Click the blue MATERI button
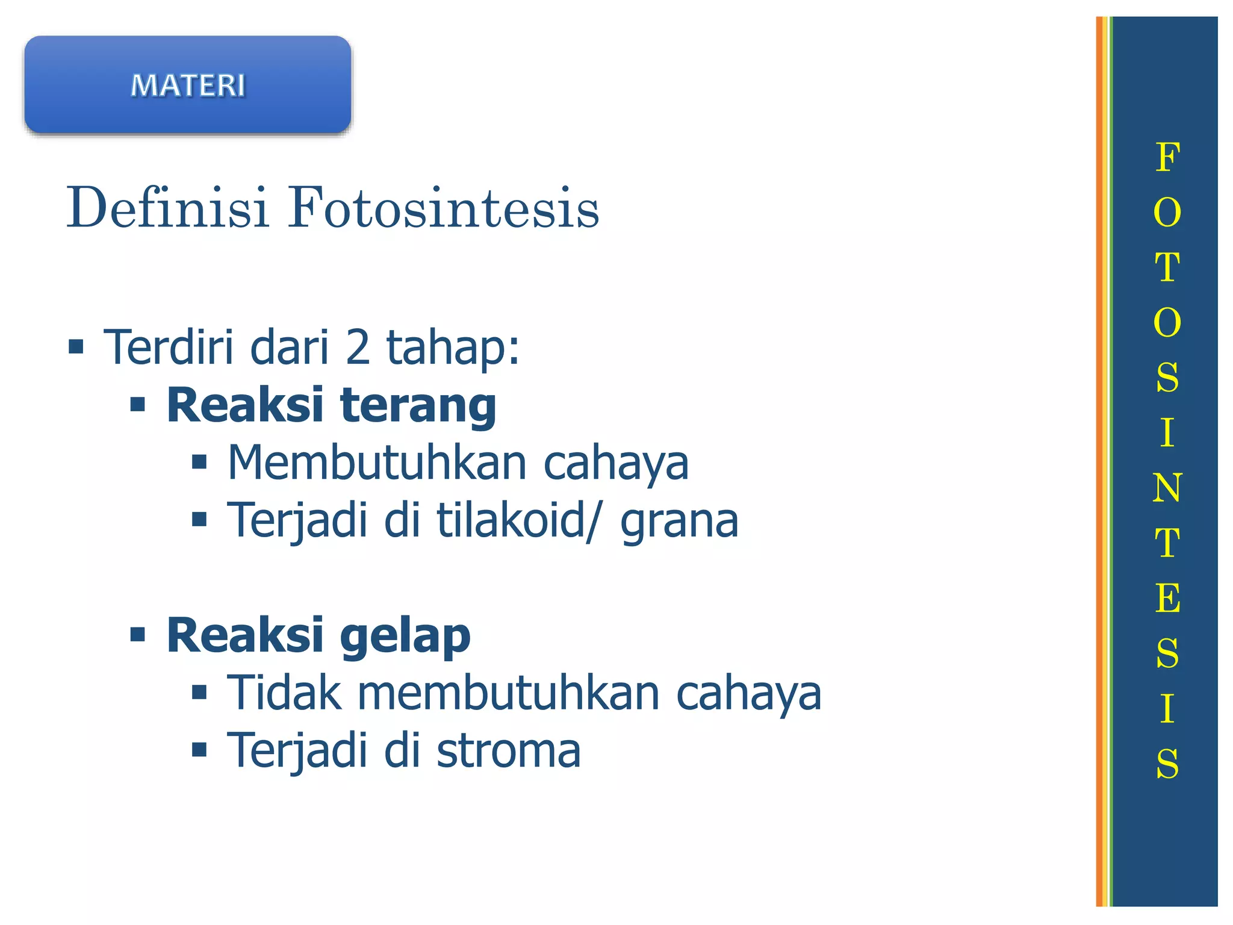click(x=187, y=85)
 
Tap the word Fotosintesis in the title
click(x=443, y=208)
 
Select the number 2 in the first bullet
click(x=358, y=347)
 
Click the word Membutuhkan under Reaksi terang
click(x=377, y=462)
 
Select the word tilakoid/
click(x=518, y=520)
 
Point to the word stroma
click(x=509, y=751)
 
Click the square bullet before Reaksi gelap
click(x=138, y=634)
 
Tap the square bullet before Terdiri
click(x=76, y=347)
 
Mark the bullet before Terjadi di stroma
click(x=199, y=750)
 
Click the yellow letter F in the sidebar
click(x=1167, y=158)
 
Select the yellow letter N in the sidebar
click(x=1167, y=488)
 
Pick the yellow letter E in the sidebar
click(x=1167, y=598)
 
